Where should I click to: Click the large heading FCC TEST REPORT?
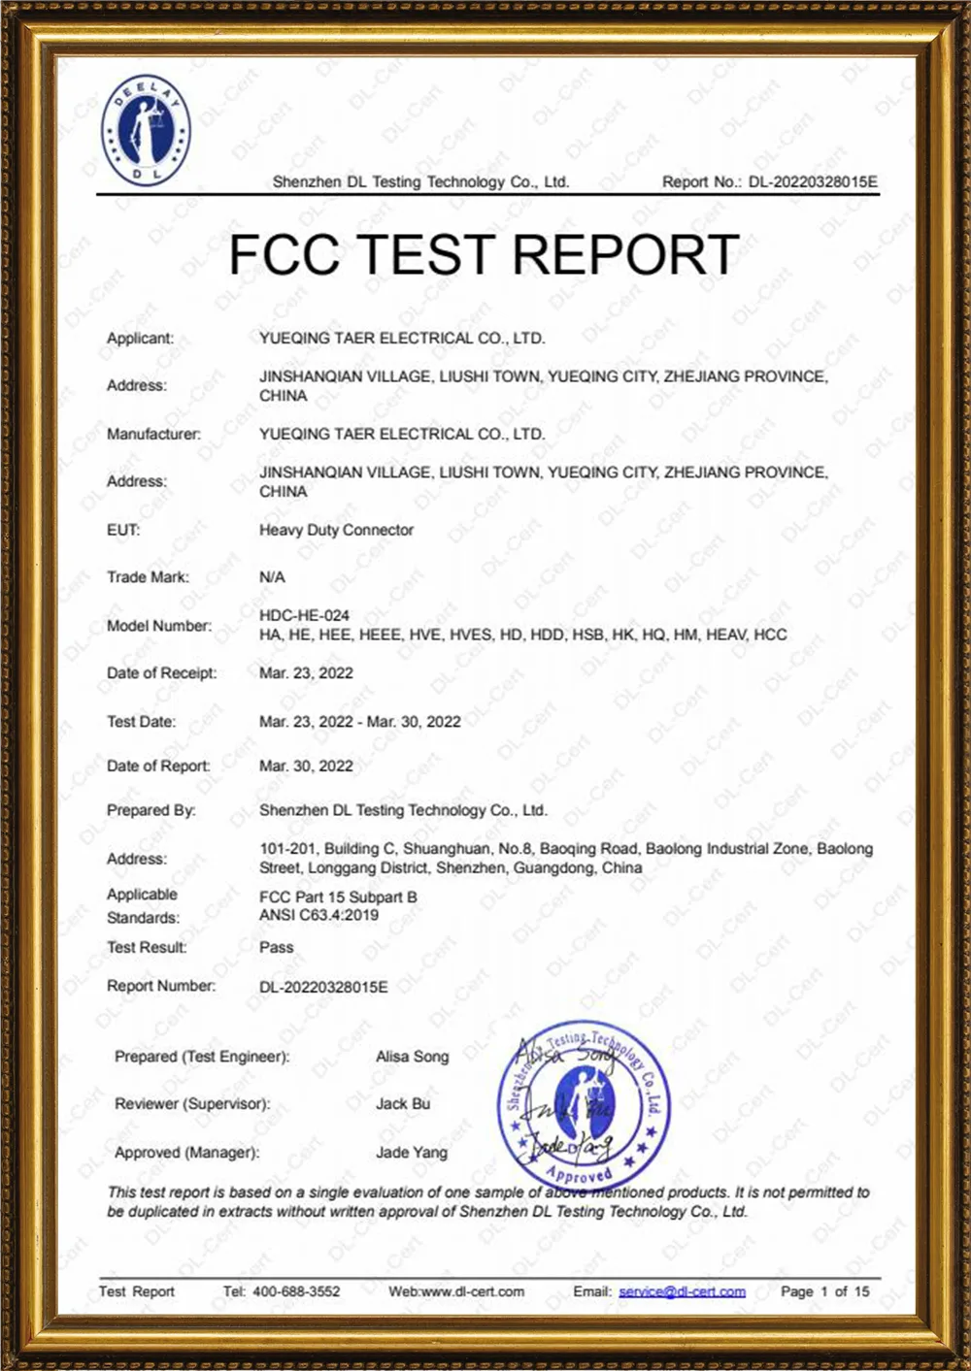click(x=484, y=255)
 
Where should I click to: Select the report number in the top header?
click(x=812, y=181)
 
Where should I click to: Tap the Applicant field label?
click(x=140, y=339)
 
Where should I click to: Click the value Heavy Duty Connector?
click(x=336, y=530)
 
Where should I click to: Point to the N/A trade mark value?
click(x=272, y=577)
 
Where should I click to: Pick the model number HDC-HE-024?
click(x=304, y=615)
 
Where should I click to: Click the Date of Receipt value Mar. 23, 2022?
click(x=306, y=673)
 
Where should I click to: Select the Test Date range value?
click(x=359, y=722)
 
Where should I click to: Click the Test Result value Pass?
click(x=276, y=947)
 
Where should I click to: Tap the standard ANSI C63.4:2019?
click(x=318, y=915)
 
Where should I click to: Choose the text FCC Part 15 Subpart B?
click(x=338, y=898)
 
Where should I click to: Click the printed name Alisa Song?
click(x=412, y=1057)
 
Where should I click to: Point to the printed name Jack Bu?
click(x=402, y=1104)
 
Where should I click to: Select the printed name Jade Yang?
click(x=412, y=1153)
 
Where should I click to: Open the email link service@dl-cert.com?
click(x=682, y=1291)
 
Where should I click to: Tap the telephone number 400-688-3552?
click(x=296, y=1291)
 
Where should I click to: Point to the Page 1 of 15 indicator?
click(x=824, y=1291)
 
